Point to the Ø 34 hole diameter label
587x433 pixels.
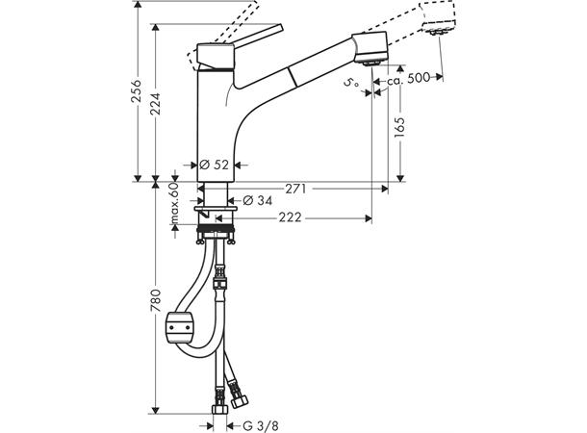pyautogui.click(x=254, y=200)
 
